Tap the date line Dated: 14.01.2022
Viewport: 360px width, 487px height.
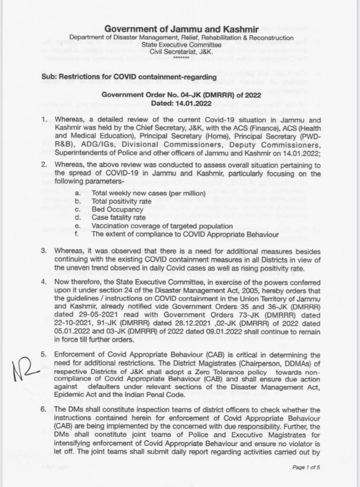pos(179,102)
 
